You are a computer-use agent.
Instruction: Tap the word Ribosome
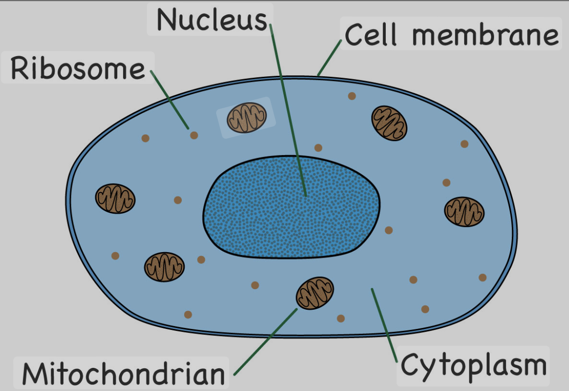pos(78,68)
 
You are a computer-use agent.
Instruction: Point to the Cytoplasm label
pos(473,366)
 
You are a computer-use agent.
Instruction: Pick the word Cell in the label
pos(370,35)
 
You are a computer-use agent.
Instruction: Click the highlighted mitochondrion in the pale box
pos(246,118)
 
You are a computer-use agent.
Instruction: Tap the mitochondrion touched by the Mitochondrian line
pos(314,293)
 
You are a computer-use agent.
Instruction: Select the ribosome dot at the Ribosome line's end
pos(194,135)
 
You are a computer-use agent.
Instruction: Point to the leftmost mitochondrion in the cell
pos(115,198)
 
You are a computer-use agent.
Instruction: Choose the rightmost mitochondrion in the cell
pos(464,212)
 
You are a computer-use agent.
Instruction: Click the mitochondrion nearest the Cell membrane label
pos(389,122)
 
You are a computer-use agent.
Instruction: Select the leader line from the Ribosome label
pos(169,98)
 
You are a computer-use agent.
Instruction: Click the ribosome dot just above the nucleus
pos(318,147)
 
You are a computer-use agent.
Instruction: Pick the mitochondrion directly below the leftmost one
pos(164,267)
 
